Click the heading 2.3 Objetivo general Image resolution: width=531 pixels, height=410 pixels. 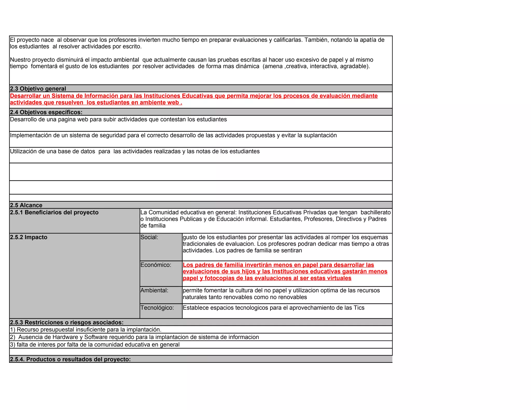tap(38, 89)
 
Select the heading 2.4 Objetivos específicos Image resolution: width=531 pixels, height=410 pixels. tap(46, 112)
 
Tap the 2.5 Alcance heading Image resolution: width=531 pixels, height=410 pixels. tap(26, 205)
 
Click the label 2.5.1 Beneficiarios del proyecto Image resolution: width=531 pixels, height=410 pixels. tap(54, 213)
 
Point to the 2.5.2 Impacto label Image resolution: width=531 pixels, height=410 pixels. tap(29, 237)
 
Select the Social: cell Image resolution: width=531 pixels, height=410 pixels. tap(149, 237)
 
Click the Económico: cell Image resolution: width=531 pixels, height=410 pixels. tap(156, 265)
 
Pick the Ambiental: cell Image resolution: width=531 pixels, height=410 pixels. tap(154, 291)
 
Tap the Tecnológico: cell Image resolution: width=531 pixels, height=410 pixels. tap(157, 308)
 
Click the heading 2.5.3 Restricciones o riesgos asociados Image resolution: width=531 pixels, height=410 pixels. tap(67, 322)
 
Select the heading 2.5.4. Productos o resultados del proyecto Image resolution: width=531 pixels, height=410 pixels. tap(70, 359)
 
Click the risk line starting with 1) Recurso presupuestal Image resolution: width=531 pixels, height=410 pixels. tap(86, 330)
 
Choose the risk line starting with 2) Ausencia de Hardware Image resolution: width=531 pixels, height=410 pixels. tap(134, 337)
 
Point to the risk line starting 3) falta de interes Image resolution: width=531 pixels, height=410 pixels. tap(95, 345)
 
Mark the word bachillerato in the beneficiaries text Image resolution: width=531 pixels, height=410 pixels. tap(375, 213)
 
